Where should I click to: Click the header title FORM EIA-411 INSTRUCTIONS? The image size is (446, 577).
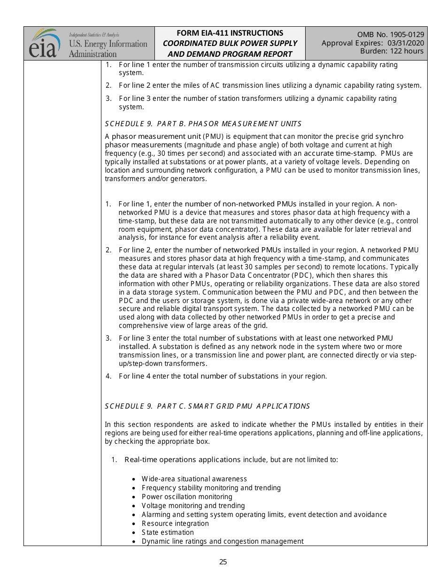point(230,33)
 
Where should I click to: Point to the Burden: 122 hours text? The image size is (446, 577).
point(392,51)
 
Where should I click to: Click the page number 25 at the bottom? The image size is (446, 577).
point(223,562)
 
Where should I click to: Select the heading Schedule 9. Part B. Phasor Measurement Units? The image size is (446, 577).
point(203,124)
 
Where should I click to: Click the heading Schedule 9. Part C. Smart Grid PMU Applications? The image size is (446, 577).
point(207,406)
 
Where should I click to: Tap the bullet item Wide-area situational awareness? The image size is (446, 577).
point(194,479)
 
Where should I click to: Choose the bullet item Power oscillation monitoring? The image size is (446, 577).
point(187,497)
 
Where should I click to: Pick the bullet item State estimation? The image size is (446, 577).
point(168,532)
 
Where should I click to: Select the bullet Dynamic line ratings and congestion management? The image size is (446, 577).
point(223,541)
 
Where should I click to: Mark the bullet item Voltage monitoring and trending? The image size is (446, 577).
point(193,506)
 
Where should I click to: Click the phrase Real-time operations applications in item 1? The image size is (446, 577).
point(183,460)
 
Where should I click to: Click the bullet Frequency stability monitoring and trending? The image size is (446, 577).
point(211,488)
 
